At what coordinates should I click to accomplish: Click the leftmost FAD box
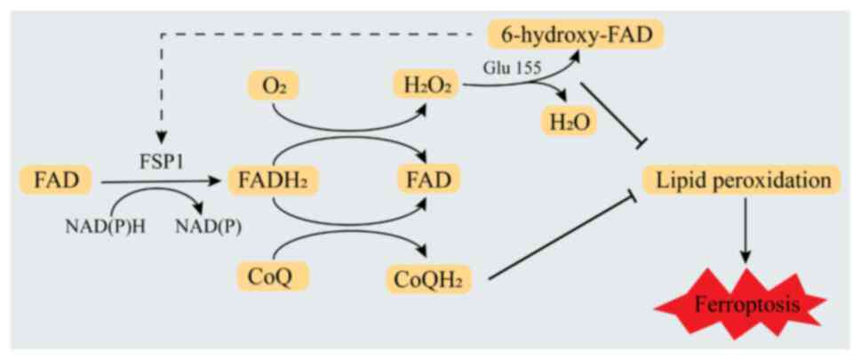tap(56, 180)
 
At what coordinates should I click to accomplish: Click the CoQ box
tap(274, 276)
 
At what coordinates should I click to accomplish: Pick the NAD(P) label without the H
tap(205, 225)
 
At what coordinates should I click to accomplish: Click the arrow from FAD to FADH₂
tap(160, 181)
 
